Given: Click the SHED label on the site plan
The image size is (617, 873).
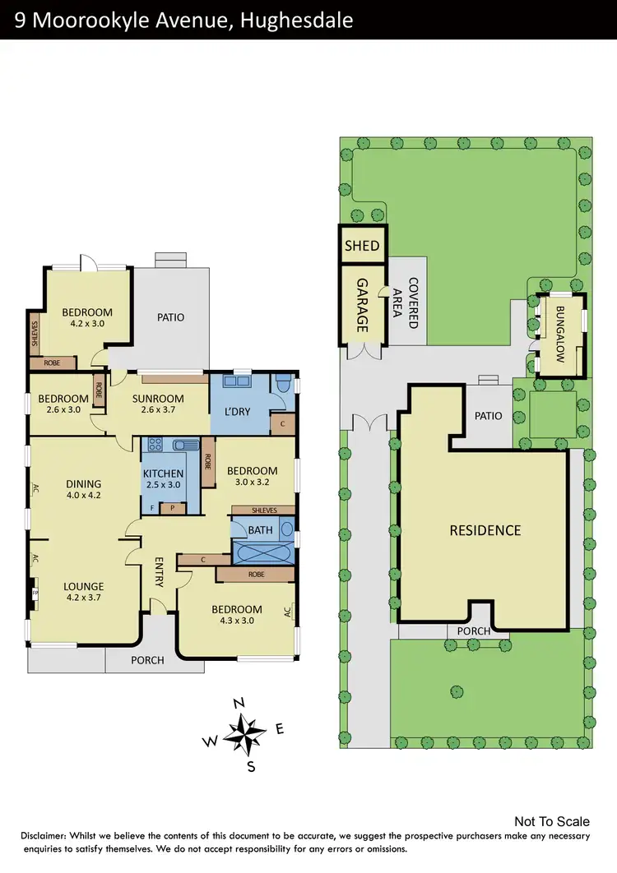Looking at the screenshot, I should (x=362, y=246).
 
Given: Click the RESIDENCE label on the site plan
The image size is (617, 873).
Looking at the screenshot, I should (x=485, y=530).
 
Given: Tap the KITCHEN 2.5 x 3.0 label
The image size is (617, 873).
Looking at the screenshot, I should (x=163, y=479).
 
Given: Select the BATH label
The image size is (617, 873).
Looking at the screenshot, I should (x=260, y=530).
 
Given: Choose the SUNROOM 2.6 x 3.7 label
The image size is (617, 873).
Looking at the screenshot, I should (x=157, y=404).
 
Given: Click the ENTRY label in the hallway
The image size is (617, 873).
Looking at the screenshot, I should (x=160, y=572).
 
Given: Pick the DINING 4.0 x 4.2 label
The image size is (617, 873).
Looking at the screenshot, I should (x=84, y=489).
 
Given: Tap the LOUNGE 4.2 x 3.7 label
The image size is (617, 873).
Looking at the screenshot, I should (x=83, y=592).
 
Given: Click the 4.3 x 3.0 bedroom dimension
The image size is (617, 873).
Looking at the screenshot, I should (x=237, y=621).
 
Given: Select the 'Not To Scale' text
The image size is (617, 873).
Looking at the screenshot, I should (x=551, y=821).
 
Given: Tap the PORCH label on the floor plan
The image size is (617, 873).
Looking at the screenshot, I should (x=148, y=660).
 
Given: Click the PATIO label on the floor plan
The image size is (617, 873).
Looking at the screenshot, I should (x=171, y=317).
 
